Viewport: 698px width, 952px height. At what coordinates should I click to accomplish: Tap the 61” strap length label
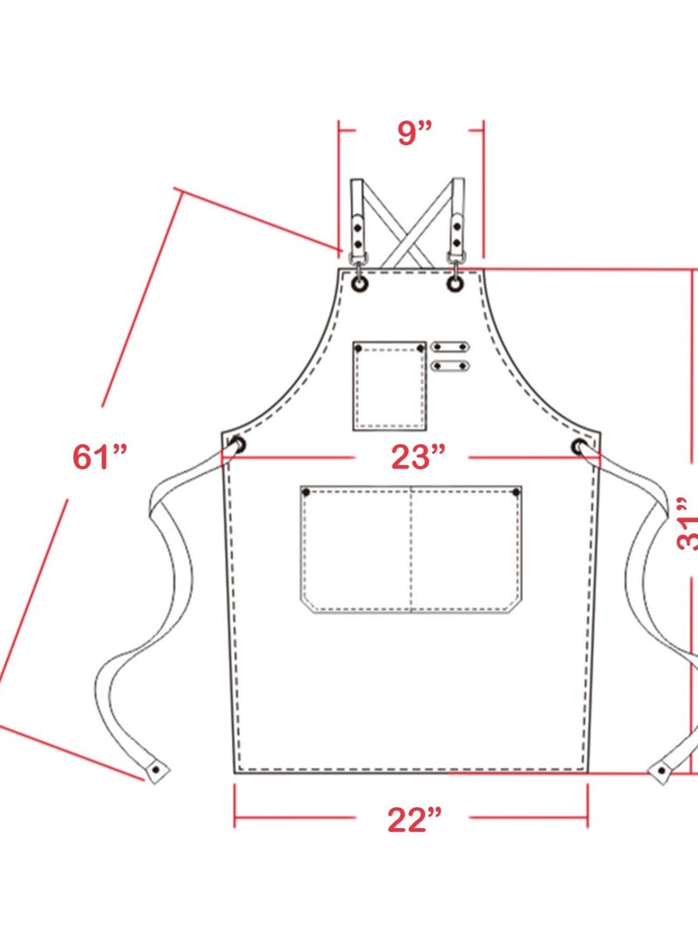100,455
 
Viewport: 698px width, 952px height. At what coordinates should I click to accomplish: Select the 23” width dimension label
411,456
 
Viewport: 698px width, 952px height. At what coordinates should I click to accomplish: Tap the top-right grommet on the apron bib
455,284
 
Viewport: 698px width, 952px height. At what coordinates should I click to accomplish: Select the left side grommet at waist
236,446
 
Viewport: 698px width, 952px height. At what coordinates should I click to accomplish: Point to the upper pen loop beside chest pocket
449,347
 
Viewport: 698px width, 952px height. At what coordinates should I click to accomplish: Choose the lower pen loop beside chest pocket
449,365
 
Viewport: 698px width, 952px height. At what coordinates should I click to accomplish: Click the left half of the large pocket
356,548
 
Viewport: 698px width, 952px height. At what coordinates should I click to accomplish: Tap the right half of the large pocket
466,548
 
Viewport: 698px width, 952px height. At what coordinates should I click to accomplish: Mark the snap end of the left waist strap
157,771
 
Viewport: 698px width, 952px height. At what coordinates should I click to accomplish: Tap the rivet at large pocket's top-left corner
306,493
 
